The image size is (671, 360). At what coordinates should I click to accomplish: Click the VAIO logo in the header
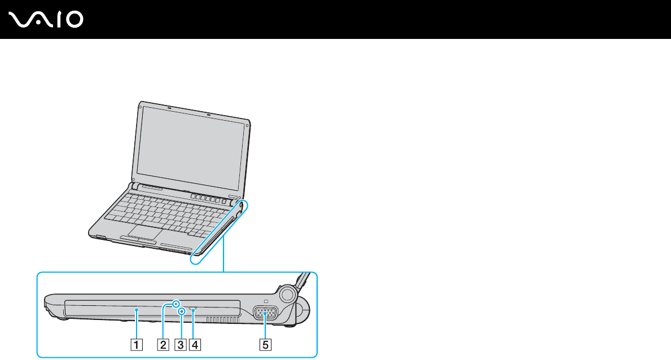click(47, 20)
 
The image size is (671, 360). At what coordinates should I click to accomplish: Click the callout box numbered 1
click(137, 343)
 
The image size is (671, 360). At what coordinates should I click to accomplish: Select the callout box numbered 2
click(163, 343)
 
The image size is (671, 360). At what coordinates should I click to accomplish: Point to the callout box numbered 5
click(263, 343)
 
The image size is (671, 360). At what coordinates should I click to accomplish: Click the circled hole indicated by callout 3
click(181, 311)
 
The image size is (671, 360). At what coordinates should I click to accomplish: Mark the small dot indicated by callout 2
click(177, 305)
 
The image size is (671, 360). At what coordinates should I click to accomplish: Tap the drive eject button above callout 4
click(194, 309)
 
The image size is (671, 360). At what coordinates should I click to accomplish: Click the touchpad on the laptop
click(144, 232)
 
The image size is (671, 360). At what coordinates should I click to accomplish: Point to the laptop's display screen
click(191, 148)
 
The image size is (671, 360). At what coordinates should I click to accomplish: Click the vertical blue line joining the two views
click(223, 254)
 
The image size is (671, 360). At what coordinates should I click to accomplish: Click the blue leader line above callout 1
click(137, 324)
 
